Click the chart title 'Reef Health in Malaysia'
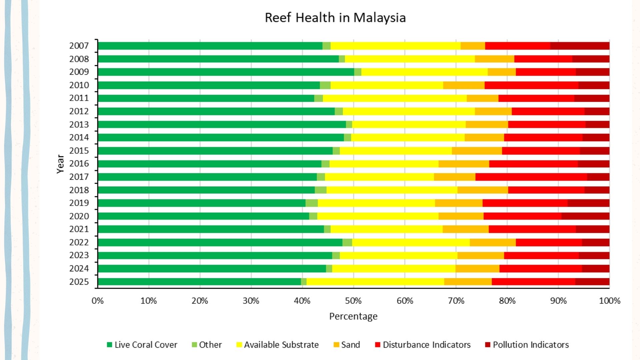[x=335, y=18]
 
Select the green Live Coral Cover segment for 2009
[x=226, y=72]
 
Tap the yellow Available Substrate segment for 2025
[x=375, y=282]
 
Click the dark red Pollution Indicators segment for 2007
[x=580, y=46]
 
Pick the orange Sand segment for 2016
[x=464, y=164]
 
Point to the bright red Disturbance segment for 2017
[x=531, y=177]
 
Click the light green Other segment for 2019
[x=311, y=203]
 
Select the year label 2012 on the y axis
[x=79, y=111]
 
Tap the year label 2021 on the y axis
[x=79, y=229]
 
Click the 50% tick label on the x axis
[x=353, y=301]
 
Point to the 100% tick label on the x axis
[x=609, y=301]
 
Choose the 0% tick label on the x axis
[x=98, y=301]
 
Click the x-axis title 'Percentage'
[x=353, y=316]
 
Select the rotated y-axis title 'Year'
[x=60, y=164]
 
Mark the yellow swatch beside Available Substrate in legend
[x=239, y=345]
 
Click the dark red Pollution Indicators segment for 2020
[x=585, y=216]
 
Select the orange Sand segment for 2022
[x=493, y=242]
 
